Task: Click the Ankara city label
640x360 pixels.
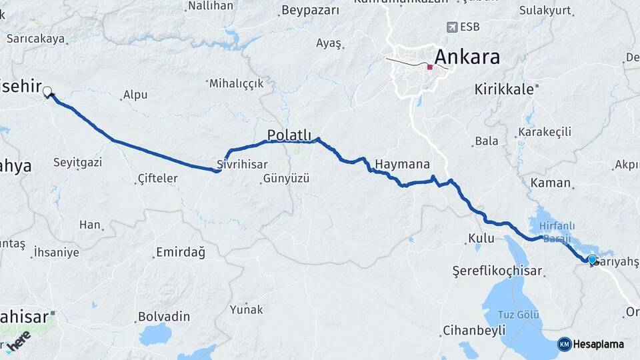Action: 467,57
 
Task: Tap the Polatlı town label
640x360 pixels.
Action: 289,135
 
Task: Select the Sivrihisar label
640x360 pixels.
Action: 242,164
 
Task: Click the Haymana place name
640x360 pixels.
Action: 402,164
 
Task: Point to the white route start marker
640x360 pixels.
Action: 47,92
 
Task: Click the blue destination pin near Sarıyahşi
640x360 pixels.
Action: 591,259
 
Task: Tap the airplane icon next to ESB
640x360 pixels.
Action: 453,27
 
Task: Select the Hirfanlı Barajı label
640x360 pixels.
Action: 555,232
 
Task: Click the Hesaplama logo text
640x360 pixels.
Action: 598,344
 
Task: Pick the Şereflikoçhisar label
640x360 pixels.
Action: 497,271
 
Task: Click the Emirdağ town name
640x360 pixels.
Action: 180,252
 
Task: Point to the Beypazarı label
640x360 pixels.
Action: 310,11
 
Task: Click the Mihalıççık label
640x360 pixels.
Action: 236,83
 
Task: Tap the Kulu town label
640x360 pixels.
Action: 481,238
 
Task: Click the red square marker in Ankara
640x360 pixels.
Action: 430,67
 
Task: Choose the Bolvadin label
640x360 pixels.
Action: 164,316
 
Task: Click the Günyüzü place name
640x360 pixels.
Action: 286,178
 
